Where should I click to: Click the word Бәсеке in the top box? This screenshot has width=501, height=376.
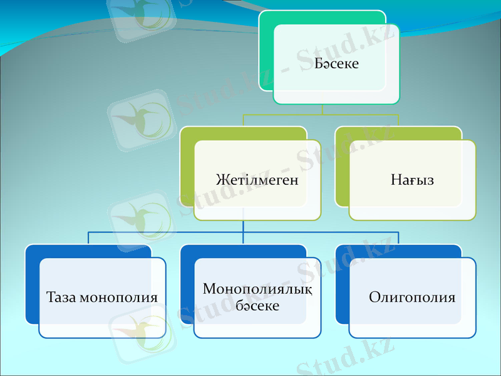336,63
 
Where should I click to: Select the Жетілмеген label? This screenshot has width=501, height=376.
257,180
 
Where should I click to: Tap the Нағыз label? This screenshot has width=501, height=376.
412,180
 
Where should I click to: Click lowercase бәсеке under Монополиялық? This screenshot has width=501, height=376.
257,305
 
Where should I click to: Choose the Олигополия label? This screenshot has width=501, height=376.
412,297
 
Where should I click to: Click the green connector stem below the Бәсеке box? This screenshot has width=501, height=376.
322,110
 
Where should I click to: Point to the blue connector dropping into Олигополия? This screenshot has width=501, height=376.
398,238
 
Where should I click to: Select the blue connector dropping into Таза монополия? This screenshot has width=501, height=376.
88,238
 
